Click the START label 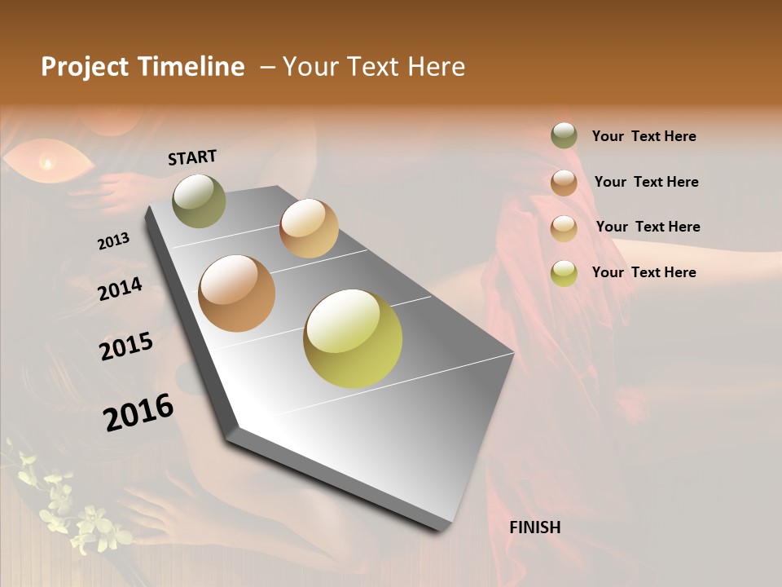pyautogui.click(x=192, y=157)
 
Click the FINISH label pyautogui.click(x=534, y=527)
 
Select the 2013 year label pyautogui.click(x=113, y=241)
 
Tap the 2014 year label pyautogui.click(x=120, y=289)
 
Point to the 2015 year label pyautogui.click(x=126, y=346)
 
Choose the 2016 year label pyautogui.click(x=138, y=413)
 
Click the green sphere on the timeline pyautogui.click(x=199, y=201)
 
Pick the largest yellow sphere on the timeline pyautogui.click(x=353, y=338)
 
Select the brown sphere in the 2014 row pyautogui.click(x=236, y=293)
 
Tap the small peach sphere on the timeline pyautogui.click(x=309, y=228)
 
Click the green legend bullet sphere pyautogui.click(x=564, y=135)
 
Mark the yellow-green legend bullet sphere pyautogui.click(x=564, y=272)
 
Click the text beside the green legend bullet pyautogui.click(x=644, y=136)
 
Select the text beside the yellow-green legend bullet pyautogui.click(x=644, y=272)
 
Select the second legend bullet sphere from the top pyautogui.click(x=564, y=182)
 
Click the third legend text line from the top pyautogui.click(x=648, y=227)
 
